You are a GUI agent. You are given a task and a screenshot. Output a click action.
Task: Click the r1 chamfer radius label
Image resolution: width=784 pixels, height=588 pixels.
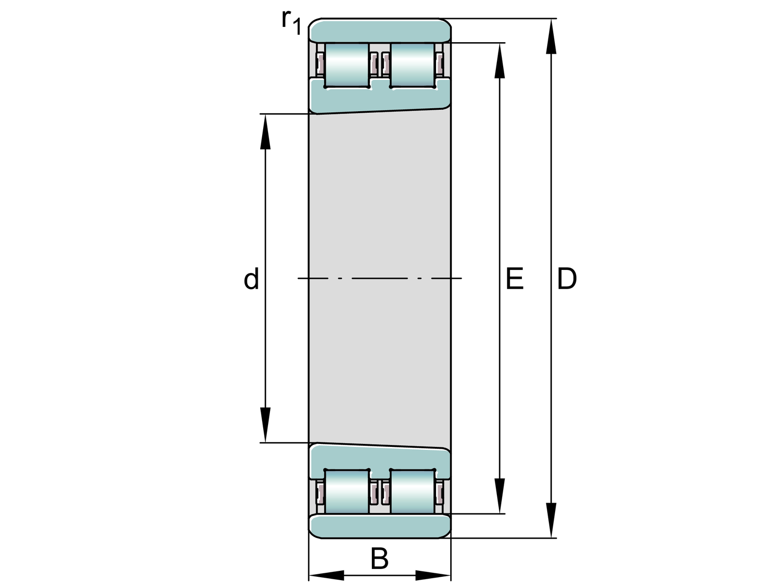tap(292, 22)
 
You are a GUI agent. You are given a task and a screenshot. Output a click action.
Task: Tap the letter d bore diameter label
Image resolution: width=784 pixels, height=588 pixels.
tap(251, 278)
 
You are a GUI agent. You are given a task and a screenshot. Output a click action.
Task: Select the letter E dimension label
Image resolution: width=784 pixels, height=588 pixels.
tap(514, 278)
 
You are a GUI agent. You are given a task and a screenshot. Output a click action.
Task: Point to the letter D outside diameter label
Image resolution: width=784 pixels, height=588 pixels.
tap(567, 278)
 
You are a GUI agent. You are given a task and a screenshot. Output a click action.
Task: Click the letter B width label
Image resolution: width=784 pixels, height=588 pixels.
tap(379, 559)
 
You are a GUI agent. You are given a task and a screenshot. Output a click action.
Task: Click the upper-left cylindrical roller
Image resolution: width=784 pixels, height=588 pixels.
tap(347, 65)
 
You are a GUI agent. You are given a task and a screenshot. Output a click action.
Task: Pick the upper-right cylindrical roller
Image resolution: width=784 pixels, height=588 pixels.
tap(413, 65)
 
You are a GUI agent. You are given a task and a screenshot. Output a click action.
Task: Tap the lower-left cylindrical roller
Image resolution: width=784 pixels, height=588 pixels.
tap(347, 491)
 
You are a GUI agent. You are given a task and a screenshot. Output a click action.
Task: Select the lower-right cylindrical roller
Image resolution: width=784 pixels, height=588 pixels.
tap(413, 491)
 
